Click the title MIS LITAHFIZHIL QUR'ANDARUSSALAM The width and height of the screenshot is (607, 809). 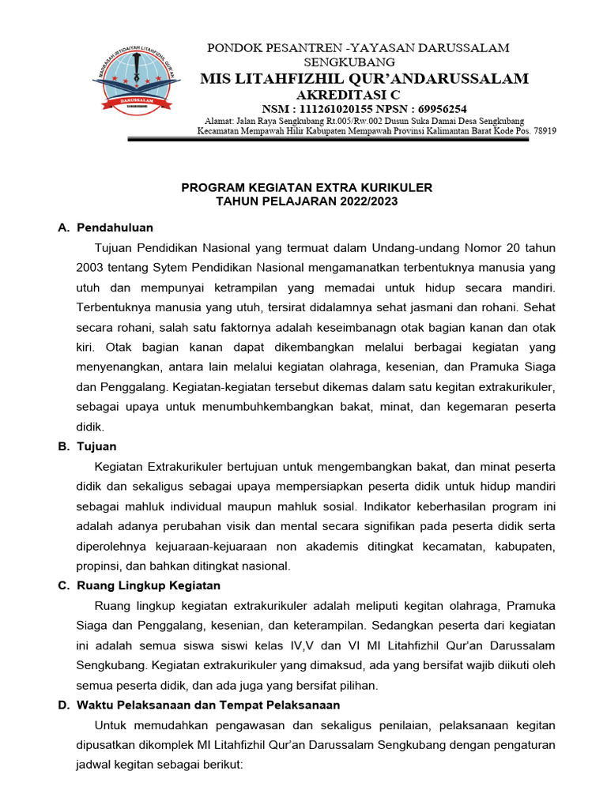point(364,78)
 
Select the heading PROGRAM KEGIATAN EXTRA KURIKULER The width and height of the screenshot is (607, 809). point(307,188)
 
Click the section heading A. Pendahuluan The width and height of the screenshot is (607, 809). point(106,228)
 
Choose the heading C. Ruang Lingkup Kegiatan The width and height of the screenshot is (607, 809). point(139,585)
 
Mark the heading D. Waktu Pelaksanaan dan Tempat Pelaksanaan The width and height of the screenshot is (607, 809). point(199,705)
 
